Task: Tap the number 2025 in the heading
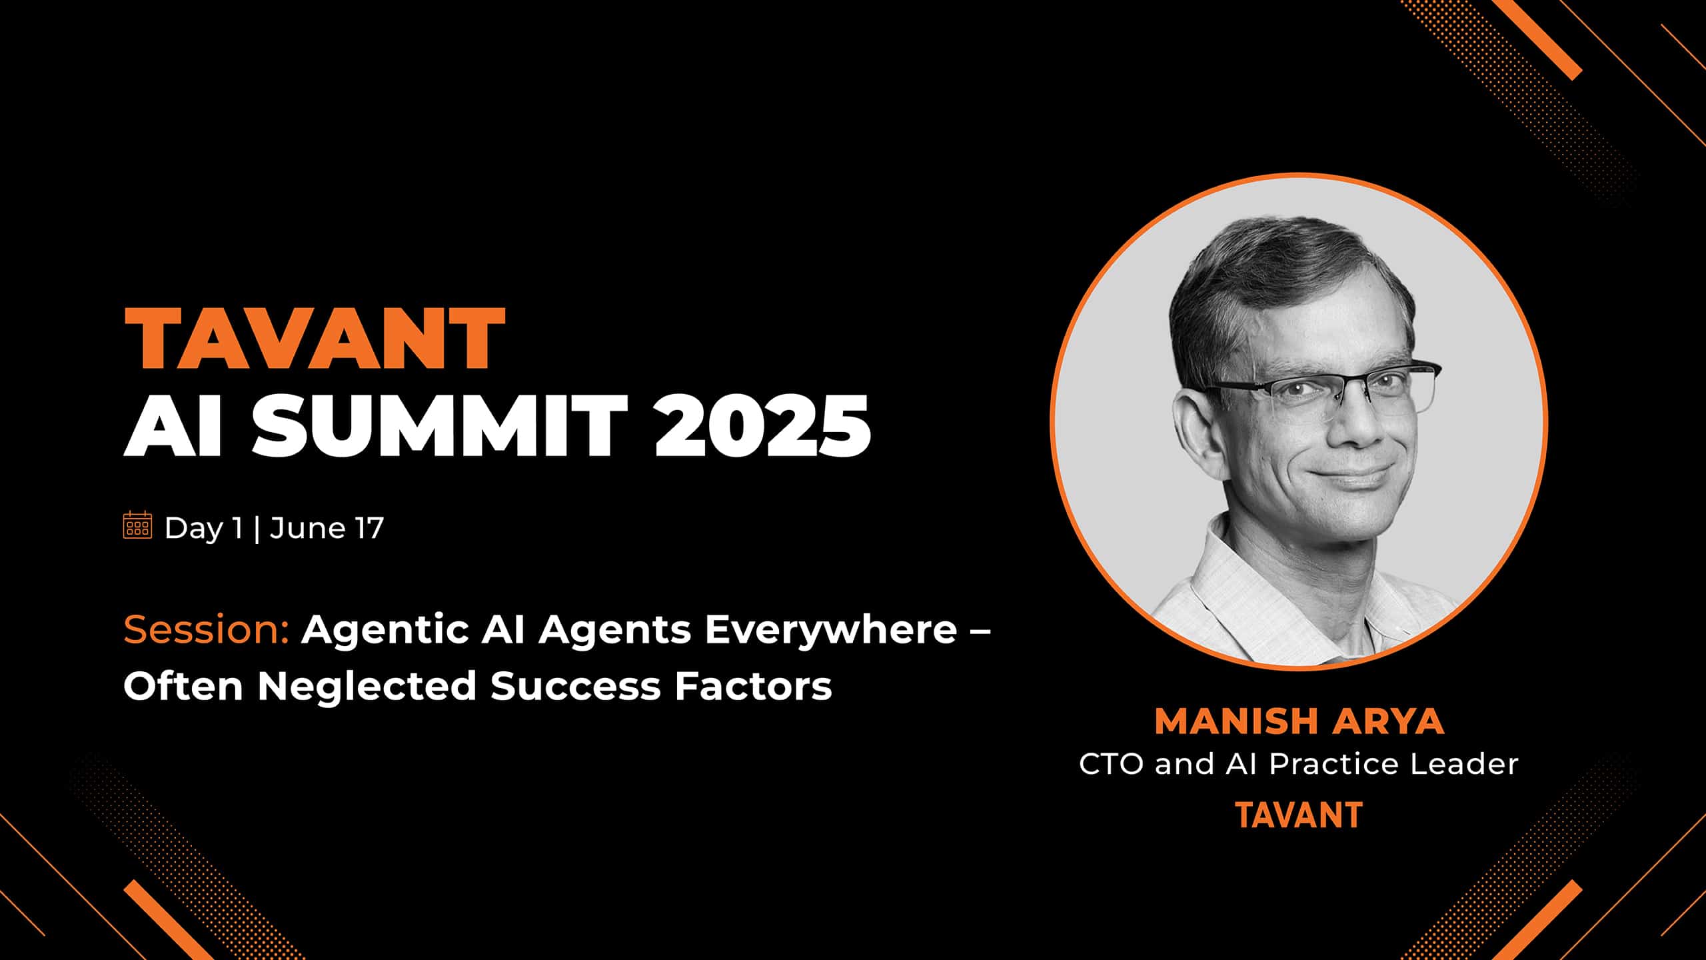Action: point(763,424)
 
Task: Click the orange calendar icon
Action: point(138,525)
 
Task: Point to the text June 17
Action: point(327,528)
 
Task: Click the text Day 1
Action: point(203,528)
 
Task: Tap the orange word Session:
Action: point(207,629)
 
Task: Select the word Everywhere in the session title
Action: point(831,631)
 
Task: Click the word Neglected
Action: point(367,686)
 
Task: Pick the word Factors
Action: point(754,686)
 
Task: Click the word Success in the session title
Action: point(576,686)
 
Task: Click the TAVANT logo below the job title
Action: point(1299,815)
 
